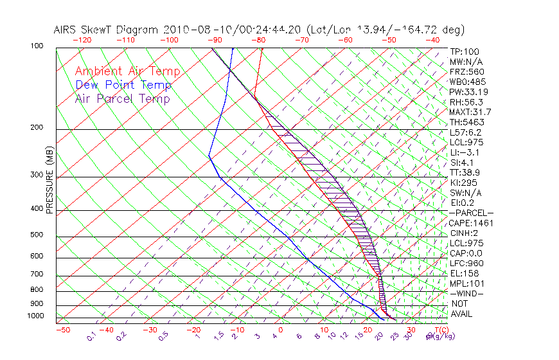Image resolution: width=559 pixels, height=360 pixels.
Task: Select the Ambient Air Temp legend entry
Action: pyautogui.click(x=127, y=72)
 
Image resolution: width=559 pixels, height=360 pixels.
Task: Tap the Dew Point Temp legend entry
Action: pyautogui.click(x=123, y=85)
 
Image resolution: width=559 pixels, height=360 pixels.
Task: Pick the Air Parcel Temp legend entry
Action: pyautogui.click(x=122, y=99)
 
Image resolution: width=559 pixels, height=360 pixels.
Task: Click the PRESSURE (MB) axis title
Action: pyautogui.click(x=50, y=182)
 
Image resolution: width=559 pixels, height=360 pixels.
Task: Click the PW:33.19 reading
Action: pyautogui.click(x=466, y=92)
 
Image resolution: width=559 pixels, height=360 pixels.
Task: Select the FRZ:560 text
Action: pyautogui.click(x=467, y=71)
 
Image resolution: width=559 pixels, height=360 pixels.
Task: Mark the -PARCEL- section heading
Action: pyautogui.click(x=471, y=213)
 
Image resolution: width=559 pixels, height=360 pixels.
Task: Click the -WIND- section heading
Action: pyautogui.click(x=467, y=293)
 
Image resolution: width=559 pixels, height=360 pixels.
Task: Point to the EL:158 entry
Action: pyautogui.click(x=464, y=273)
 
